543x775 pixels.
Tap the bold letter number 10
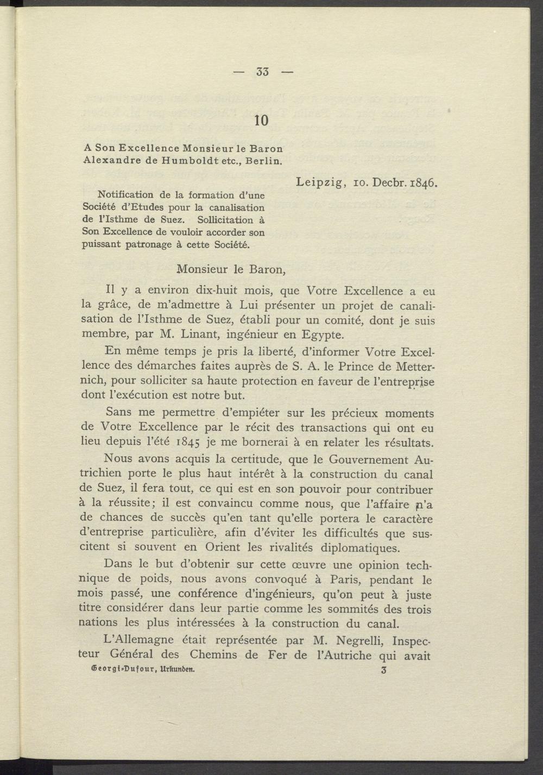click(x=261, y=120)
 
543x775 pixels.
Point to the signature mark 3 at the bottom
click(x=384, y=670)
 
